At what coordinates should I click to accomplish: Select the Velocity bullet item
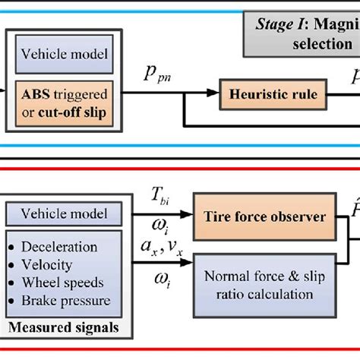53,265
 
